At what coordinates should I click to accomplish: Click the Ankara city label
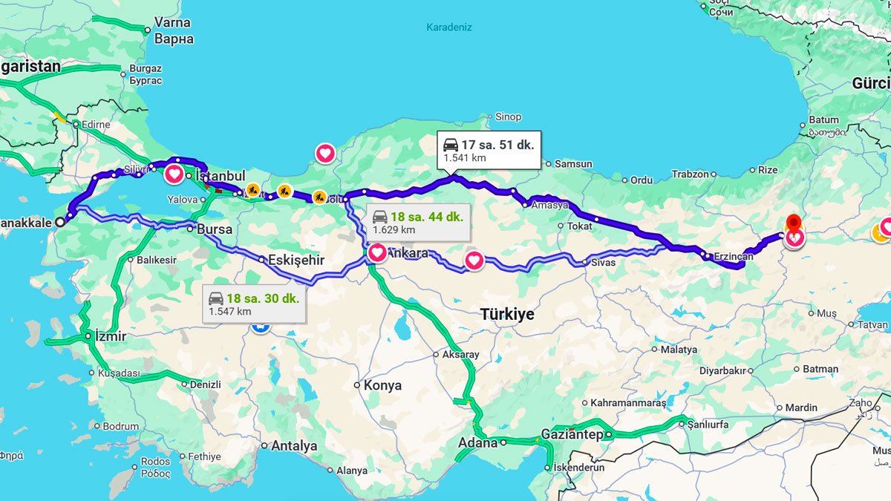(408, 253)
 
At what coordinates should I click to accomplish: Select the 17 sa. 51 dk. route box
(488, 151)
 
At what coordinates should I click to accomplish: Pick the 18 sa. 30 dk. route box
(254, 304)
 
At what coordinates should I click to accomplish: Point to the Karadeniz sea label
(448, 27)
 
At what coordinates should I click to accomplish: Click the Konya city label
(382, 385)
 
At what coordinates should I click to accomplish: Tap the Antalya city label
(294, 446)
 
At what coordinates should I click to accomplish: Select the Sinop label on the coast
(509, 117)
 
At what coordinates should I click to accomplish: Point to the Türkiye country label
(507, 315)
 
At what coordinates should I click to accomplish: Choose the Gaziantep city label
(572, 434)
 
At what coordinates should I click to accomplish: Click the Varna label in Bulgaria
(172, 22)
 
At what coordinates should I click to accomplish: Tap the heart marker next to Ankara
(376, 252)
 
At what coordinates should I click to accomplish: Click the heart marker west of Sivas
(474, 261)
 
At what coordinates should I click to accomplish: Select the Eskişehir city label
(296, 260)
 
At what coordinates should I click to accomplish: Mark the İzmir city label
(110, 336)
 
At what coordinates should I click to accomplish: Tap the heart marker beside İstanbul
(174, 174)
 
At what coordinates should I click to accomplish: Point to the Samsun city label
(573, 163)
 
